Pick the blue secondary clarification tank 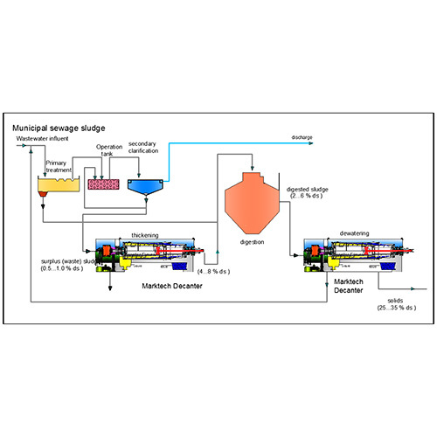pos(145,184)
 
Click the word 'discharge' pos(302,137)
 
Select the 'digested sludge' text pos(308,188)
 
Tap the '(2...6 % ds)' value pos(306,196)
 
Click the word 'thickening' pos(145,235)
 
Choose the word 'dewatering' pos(355,234)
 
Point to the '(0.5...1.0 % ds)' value pos(62,267)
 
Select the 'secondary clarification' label pos(145,147)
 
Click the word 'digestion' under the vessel pos(252,241)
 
